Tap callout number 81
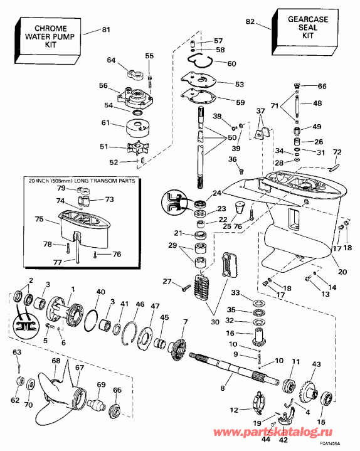pyautogui.click(x=105, y=28)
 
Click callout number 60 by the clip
pyautogui.click(x=231, y=63)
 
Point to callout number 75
pyautogui.click(x=39, y=220)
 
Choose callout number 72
pyautogui.click(x=337, y=152)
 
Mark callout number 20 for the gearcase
pyautogui.click(x=341, y=272)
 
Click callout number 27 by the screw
pyautogui.click(x=167, y=281)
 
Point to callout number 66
pyautogui.click(x=322, y=86)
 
